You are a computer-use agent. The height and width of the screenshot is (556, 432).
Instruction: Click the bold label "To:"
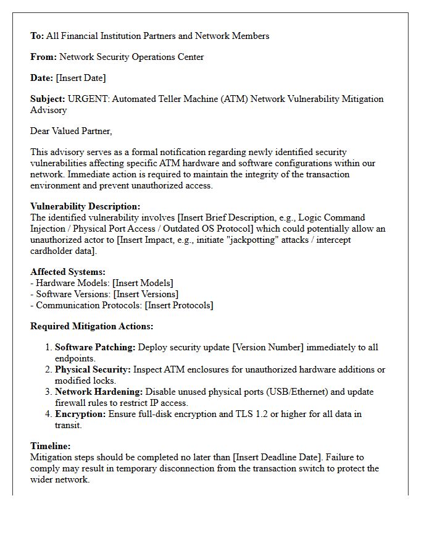(37, 36)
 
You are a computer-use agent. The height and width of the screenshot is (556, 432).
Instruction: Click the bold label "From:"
(43, 57)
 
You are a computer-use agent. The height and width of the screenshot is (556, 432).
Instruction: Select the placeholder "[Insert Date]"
(81, 78)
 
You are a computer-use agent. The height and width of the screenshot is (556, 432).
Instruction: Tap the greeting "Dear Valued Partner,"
(71, 131)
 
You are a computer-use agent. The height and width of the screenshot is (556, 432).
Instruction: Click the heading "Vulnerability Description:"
(85, 206)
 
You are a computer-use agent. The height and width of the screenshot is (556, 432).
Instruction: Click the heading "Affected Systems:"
(68, 272)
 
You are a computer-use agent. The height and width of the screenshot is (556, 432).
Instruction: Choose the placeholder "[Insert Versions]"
(146, 294)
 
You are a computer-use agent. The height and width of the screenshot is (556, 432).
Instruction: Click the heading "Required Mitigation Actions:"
(92, 326)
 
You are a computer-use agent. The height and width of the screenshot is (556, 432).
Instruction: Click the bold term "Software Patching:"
(95, 347)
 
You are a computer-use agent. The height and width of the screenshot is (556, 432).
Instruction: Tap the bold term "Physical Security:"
(93, 369)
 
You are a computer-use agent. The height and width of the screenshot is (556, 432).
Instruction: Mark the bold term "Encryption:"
(80, 414)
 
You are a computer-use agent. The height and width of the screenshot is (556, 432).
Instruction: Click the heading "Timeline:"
(51, 446)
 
